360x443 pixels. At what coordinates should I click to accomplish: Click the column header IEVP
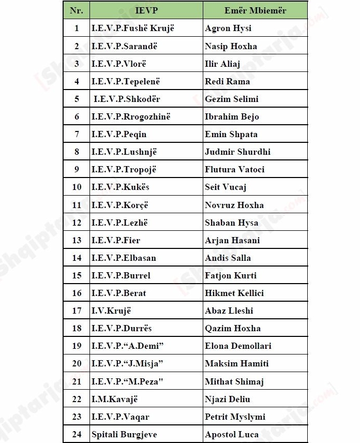(x=146, y=10)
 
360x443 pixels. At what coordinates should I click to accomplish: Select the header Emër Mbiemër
(x=255, y=10)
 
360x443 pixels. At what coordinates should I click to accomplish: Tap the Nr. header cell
(x=77, y=10)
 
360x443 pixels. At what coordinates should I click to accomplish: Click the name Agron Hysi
(x=228, y=28)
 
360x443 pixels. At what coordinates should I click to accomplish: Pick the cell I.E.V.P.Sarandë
(x=124, y=46)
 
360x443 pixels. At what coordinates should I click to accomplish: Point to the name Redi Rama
(x=227, y=81)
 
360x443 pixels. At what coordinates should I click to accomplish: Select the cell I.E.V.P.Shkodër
(x=127, y=99)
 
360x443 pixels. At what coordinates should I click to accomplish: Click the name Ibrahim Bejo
(x=232, y=116)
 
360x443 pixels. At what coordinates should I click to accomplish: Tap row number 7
(x=77, y=134)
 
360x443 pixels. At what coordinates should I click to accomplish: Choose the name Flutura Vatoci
(x=234, y=169)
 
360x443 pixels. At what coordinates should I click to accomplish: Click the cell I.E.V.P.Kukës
(x=121, y=187)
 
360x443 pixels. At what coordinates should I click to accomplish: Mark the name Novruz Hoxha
(x=234, y=205)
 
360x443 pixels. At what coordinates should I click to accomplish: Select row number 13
(x=77, y=240)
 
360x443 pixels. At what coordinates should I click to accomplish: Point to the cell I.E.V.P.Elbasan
(x=124, y=258)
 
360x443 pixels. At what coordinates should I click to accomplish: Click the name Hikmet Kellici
(x=234, y=293)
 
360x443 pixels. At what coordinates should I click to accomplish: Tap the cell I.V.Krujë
(x=111, y=311)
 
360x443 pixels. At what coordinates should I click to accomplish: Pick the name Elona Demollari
(x=238, y=346)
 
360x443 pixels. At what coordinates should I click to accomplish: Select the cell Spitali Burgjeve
(x=124, y=434)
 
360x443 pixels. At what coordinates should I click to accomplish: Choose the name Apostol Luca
(x=232, y=434)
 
